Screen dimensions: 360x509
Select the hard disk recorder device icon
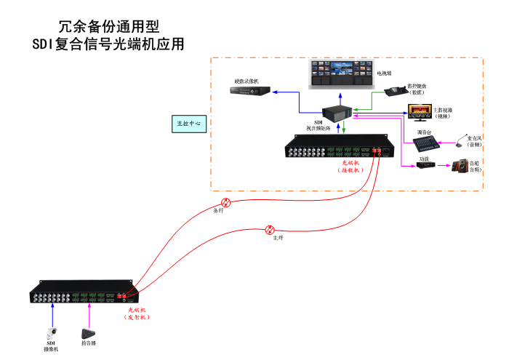(x=251, y=92)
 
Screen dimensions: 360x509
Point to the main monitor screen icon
(x=420, y=111)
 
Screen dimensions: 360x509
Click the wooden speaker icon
(x=460, y=167)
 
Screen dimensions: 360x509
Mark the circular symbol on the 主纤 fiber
(x=270, y=229)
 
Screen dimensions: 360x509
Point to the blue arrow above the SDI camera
(x=52, y=315)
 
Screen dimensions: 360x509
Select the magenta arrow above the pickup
(x=89, y=315)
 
